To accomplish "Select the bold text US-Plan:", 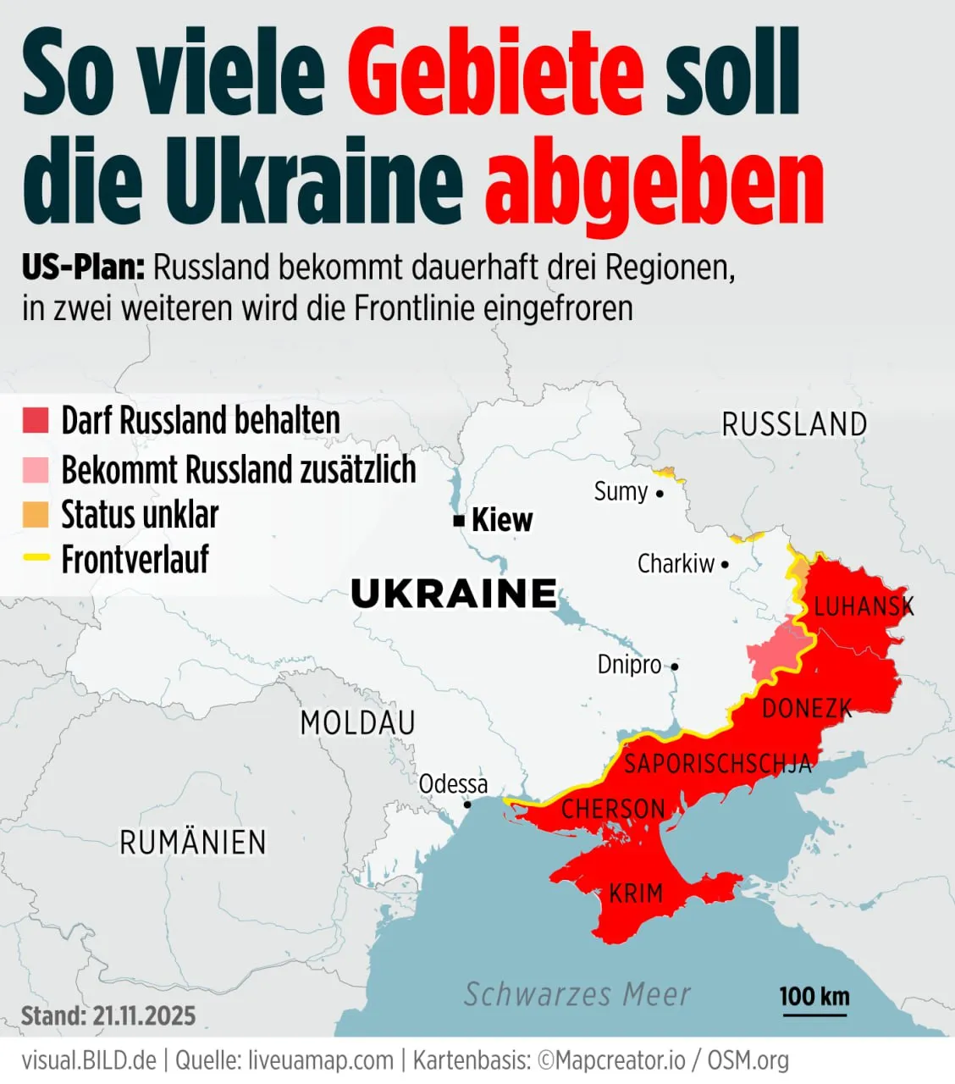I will tap(83, 268).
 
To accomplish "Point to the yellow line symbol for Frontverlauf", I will tap(36, 558).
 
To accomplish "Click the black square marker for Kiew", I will tap(459, 521).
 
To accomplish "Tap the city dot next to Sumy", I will tap(660, 493).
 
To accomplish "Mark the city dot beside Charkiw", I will tap(725, 564).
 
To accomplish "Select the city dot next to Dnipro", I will tap(675, 666).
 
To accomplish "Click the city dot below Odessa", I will tap(466, 805).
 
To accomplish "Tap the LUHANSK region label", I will tap(864, 606).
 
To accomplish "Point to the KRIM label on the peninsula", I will tap(636, 893).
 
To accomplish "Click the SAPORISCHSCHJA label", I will tap(718, 764).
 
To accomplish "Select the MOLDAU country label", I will tap(357, 723).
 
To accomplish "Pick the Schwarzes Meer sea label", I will tap(577, 994).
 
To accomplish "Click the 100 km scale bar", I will tap(814, 1013).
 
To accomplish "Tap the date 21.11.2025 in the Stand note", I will tap(144, 1015).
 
